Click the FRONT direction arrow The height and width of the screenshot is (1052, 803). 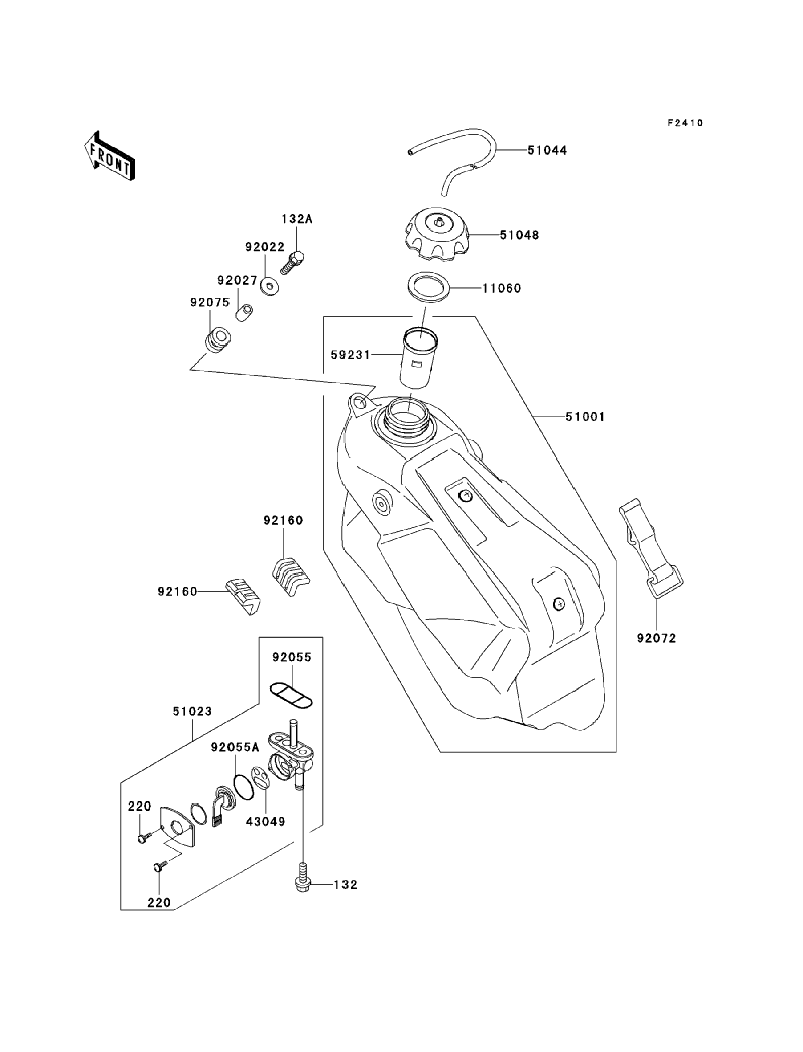coord(109,156)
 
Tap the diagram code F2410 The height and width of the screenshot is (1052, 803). coord(685,123)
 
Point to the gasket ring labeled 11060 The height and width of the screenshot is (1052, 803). coord(429,287)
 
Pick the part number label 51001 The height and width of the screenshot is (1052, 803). coord(585,417)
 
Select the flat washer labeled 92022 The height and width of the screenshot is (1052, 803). coord(270,286)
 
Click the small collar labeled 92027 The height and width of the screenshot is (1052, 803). coord(244,312)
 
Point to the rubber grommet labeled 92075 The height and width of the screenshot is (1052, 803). coord(218,339)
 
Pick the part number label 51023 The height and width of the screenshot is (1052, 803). coord(192,712)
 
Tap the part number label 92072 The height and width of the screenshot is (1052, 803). coord(656,638)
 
